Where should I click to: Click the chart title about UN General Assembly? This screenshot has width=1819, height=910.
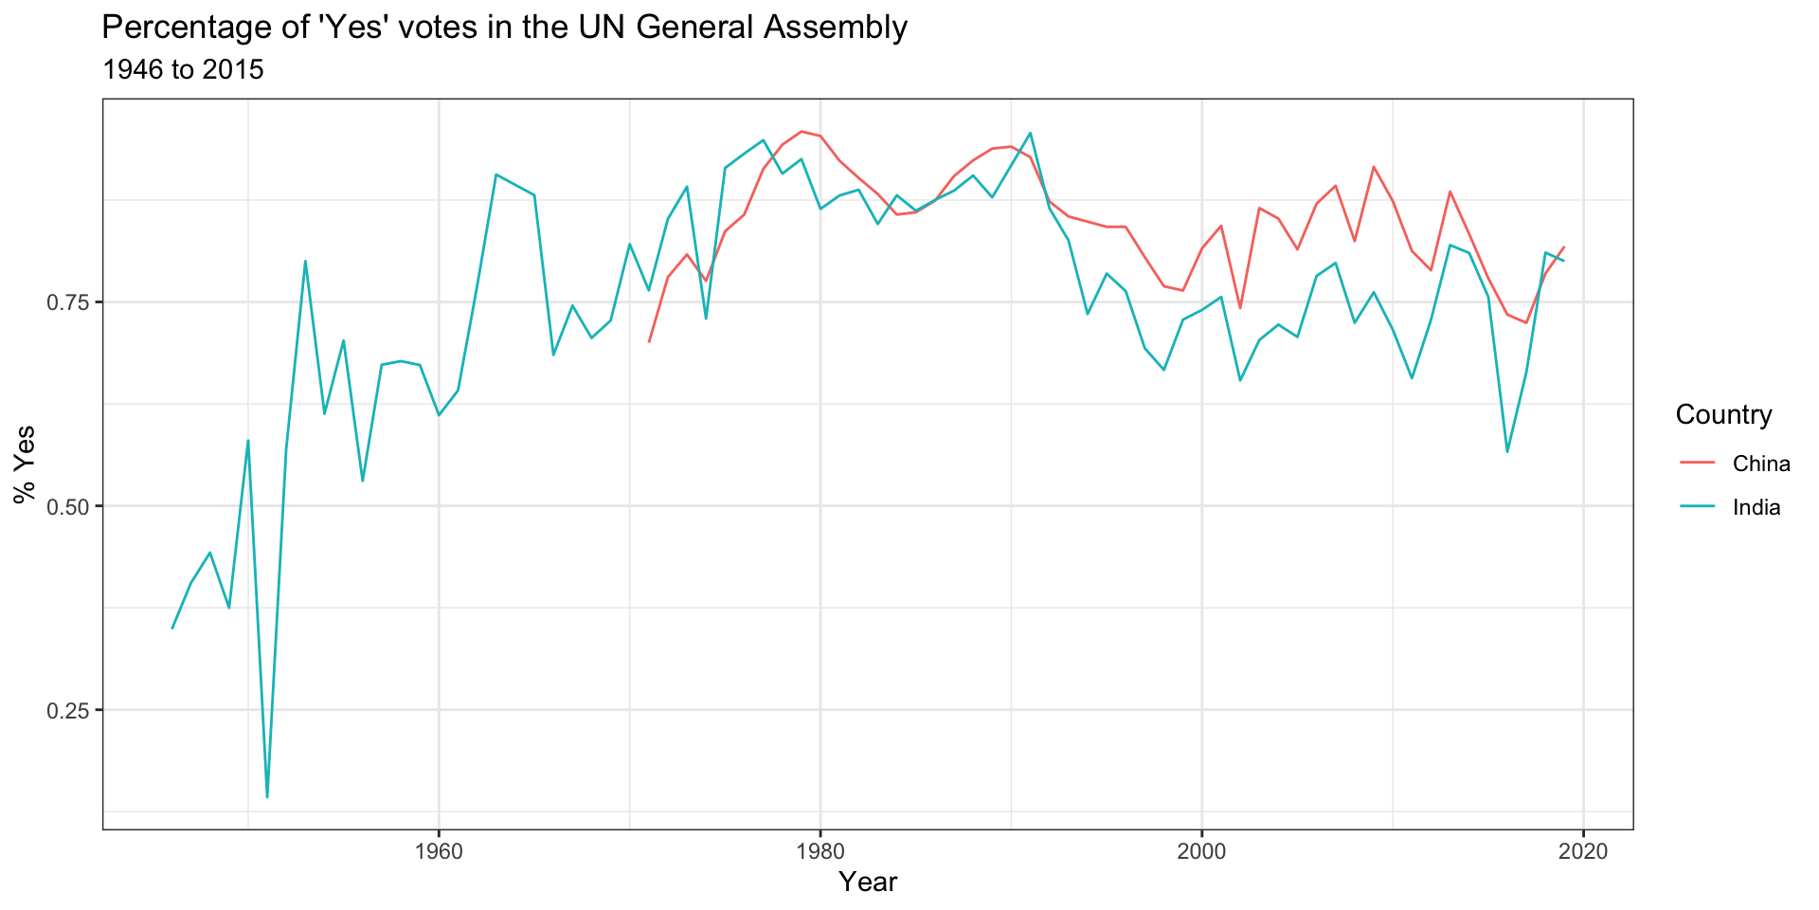pos(504,27)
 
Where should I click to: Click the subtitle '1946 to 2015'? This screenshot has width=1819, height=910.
pos(182,70)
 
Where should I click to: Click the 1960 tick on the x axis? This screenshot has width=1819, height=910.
pos(439,851)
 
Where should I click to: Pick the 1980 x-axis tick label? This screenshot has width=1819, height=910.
pos(820,851)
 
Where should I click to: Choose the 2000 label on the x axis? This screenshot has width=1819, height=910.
pos(1202,851)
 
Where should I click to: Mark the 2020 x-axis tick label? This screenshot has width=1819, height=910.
pos(1584,851)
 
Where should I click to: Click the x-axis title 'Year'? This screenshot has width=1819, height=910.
pos(868,883)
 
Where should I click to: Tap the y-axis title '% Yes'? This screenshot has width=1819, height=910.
pos(25,464)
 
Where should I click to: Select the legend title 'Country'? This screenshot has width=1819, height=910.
pos(1723,415)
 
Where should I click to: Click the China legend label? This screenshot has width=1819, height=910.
pos(1761,464)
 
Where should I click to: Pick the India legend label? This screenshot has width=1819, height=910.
pos(1756,507)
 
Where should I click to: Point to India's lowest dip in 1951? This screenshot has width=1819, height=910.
pos(267,797)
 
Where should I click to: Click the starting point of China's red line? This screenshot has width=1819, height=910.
pos(649,341)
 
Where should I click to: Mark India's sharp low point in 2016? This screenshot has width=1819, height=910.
pos(1507,451)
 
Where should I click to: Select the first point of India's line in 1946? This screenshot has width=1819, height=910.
pos(171,628)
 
